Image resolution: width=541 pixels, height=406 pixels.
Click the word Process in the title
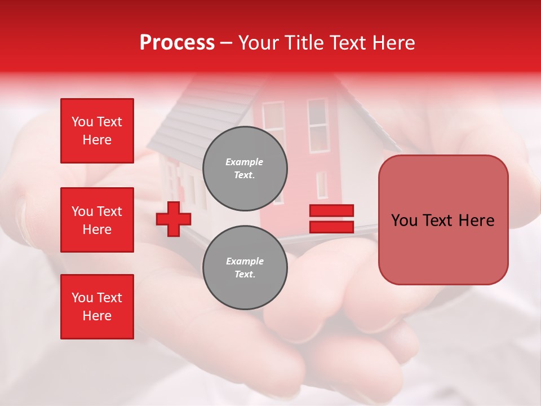click(x=177, y=43)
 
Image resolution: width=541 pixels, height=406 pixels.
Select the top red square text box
click(x=97, y=131)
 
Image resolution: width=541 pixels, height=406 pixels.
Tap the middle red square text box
click(x=97, y=220)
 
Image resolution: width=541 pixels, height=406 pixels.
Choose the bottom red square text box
click(x=97, y=307)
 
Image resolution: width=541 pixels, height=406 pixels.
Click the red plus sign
click(x=174, y=219)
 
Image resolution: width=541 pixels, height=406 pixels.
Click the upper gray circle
click(x=245, y=168)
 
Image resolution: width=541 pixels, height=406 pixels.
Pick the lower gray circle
click(x=245, y=267)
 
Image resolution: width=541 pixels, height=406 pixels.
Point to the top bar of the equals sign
click(x=331, y=210)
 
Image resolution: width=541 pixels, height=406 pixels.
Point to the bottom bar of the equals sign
click(x=331, y=227)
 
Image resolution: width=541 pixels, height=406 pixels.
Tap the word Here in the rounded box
click(x=476, y=220)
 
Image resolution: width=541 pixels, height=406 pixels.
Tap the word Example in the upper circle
click(x=245, y=162)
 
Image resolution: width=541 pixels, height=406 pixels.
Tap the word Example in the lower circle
click(x=245, y=261)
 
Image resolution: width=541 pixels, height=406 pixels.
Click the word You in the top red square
click(x=82, y=122)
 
